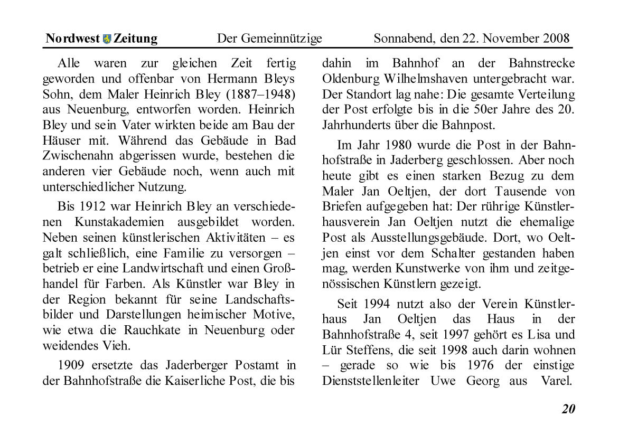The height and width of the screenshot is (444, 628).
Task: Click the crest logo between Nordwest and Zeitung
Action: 107,39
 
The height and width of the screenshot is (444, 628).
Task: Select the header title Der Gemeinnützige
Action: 269,39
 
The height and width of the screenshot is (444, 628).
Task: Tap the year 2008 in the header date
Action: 555,39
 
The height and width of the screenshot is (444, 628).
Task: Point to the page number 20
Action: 568,409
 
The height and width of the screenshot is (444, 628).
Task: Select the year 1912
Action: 100,205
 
